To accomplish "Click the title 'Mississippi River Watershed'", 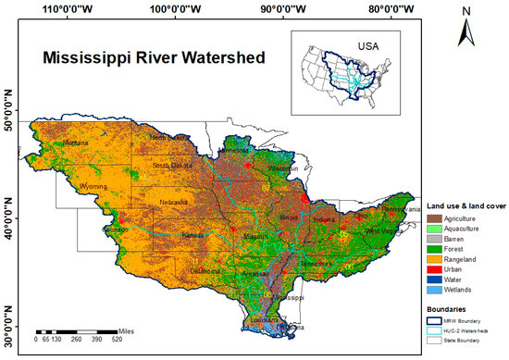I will pos(154,58).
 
